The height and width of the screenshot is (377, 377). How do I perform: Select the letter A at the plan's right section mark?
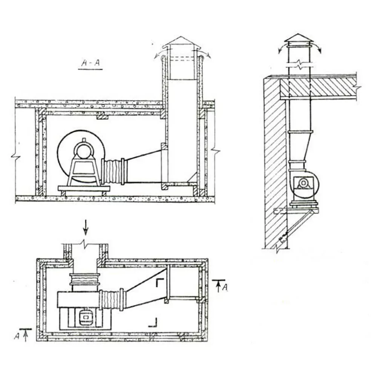click(224, 288)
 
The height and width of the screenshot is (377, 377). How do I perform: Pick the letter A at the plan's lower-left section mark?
click(17, 336)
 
